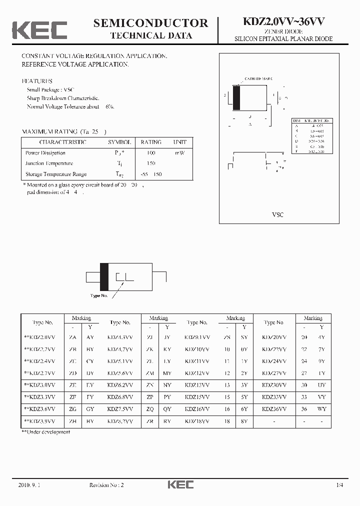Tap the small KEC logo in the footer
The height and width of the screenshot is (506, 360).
[x=180, y=484]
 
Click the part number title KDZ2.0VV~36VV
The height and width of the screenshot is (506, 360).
[x=284, y=22]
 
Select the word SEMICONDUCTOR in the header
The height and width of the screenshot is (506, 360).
[x=150, y=22]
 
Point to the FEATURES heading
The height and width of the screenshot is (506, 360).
[x=37, y=81]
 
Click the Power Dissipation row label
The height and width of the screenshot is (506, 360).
[x=45, y=153]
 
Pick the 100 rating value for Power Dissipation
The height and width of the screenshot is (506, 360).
[x=150, y=153]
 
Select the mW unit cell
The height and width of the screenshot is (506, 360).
[x=179, y=153]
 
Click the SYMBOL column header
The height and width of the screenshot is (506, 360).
[x=119, y=142]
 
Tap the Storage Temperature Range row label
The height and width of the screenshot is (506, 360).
[x=56, y=174]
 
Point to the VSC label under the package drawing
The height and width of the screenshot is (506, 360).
[x=277, y=214]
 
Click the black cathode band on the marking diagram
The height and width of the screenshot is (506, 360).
[x=104, y=276]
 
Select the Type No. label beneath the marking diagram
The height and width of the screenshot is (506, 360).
[x=99, y=295]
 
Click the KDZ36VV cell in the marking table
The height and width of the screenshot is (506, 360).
[x=274, y=409]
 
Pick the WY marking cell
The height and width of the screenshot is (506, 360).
[x=322, y=409]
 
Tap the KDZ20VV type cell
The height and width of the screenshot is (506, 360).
[x=274, y=337]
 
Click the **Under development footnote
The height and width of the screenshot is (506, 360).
[x=45, y=432]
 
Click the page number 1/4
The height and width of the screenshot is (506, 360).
[x=340, y=485]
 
